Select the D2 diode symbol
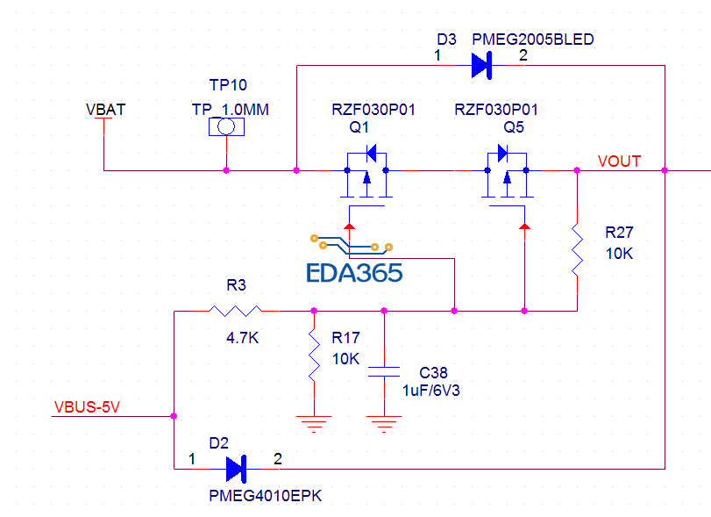click(236, 468)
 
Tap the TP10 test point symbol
click(226, 127)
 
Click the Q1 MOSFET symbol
click(366, 174)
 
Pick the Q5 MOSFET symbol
click(507, 174)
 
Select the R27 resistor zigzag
click(577, 249)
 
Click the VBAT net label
click(105, 110)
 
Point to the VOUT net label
click(619, 162)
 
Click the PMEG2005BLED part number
click(532, 39)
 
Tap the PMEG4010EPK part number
click(266, 496)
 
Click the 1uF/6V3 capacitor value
click(431, 391)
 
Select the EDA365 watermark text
click(354, 273)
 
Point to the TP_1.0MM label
click(230, 110)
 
